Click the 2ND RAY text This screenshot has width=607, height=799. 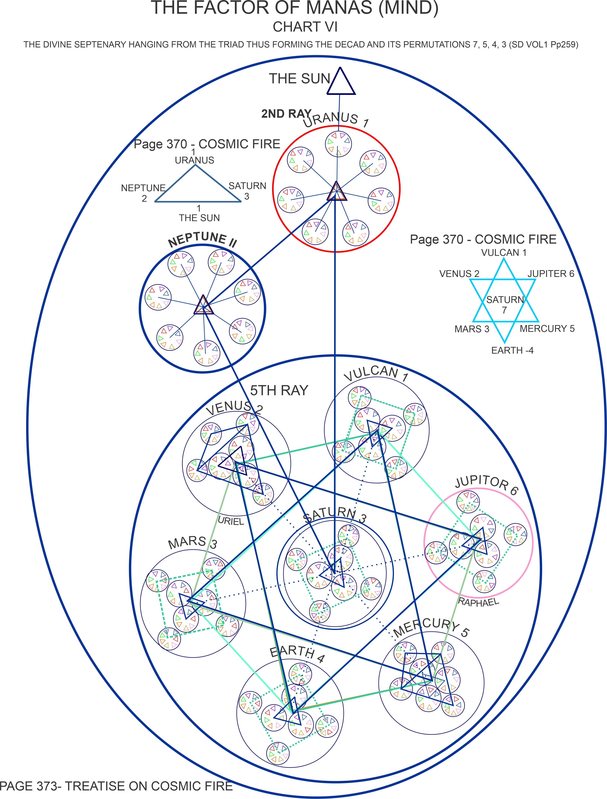[x=286, y=114]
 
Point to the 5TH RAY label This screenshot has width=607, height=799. [x=279, y=390]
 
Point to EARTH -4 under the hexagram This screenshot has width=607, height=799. [x=512, y=350]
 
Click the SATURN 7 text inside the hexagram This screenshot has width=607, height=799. [x=505, y=304]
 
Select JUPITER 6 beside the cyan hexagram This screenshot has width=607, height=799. [x=551, y=274]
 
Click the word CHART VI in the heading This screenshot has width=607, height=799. [x=305, y=27]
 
